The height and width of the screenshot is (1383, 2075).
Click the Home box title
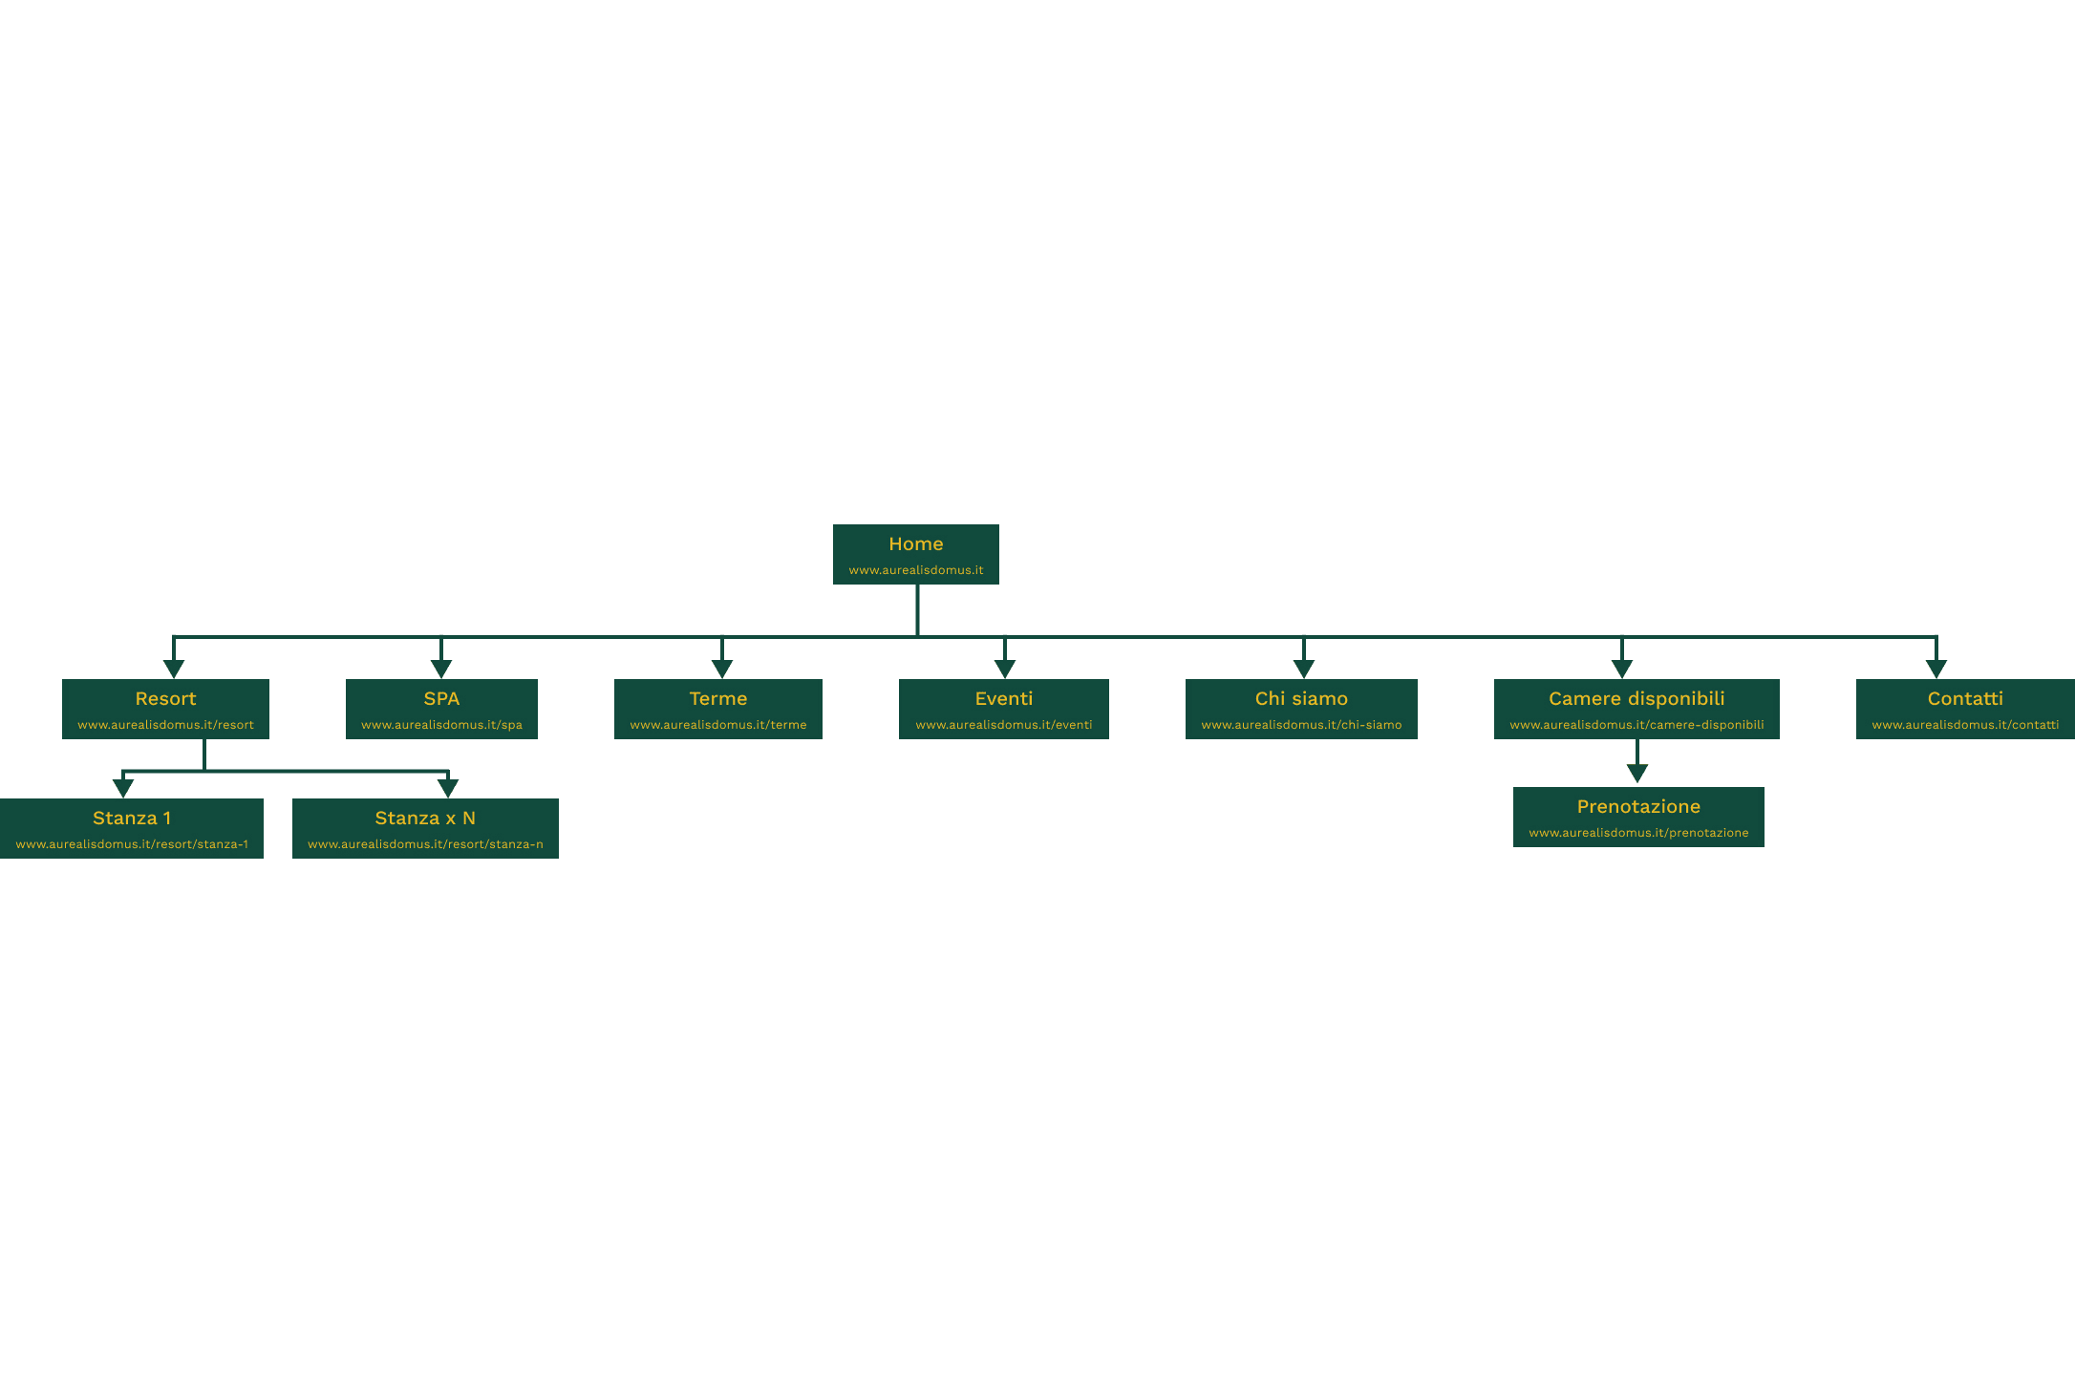coord(915,544)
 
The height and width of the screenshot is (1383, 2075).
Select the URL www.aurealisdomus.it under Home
coord(915,570)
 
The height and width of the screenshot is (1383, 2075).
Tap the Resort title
coord(165,699)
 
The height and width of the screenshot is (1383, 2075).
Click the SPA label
coord(441,699)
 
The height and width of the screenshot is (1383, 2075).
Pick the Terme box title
coord(717,699)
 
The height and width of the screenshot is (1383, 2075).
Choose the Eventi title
coord(1003,699)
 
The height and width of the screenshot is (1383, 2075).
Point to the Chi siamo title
coord(1301,699)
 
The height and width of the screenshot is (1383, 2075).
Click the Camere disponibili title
coord(1636,699)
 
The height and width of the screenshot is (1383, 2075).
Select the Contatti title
coord(1965,699)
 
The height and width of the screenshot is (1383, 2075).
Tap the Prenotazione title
coord(1638,807)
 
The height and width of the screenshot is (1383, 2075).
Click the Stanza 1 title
coord(132,819)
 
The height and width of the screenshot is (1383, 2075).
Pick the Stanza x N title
coord(425,819)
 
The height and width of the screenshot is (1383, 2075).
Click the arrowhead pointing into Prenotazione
coord(1637,774)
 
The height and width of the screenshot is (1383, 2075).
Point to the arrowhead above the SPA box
coord(441,669)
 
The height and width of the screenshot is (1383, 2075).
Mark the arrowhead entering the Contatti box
coord(1936,669)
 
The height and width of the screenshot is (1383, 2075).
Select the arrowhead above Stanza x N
coord(448,788)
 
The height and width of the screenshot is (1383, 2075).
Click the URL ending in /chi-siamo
coord(1301,725)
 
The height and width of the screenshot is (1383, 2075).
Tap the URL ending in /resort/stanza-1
coord(132,844)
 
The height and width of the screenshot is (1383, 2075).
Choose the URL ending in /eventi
coord(1003,725)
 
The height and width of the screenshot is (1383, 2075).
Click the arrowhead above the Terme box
coord(722,669)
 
